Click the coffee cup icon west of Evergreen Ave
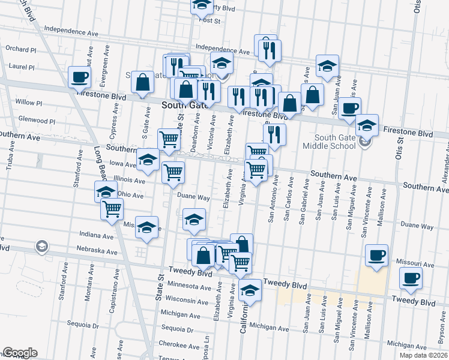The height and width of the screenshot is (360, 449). [79, 77]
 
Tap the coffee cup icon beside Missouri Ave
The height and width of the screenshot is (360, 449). [376, 255]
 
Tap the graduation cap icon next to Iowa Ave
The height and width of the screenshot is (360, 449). [148, 160]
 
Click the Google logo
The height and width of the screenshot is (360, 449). [20, 353]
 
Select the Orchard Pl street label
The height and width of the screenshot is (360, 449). [21, 49]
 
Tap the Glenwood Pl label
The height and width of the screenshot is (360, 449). [36, 121]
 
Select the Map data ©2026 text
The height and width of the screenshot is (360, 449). [423, 355]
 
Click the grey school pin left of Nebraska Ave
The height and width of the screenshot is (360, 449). [41, 245]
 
